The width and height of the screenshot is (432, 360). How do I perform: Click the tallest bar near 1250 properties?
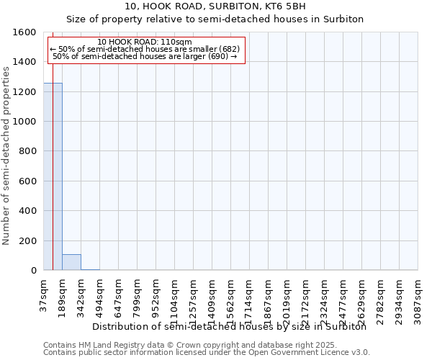tap(53, 176)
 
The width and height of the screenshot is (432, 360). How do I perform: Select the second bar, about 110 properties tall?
tap(71, 262)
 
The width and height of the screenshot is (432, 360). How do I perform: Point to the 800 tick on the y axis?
tap(29, 151)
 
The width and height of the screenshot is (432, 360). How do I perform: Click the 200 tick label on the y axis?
tap(29, 240)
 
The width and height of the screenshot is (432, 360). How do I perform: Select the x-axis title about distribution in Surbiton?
tap(230, 326)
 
